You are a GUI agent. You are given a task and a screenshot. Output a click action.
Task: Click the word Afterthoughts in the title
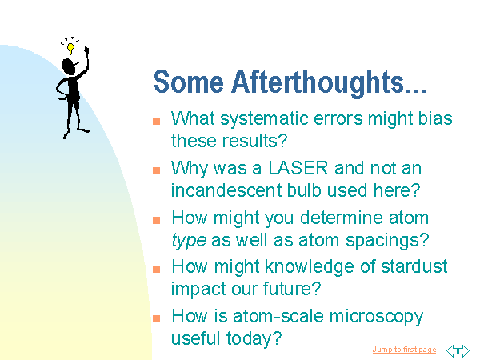[x=318, y=82]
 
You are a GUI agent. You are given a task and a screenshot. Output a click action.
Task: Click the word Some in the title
[x=189, y=82]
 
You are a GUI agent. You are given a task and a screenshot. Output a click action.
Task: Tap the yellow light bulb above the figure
[x=70, y=49]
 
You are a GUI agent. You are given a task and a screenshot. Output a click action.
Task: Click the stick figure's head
[x=69, y=66]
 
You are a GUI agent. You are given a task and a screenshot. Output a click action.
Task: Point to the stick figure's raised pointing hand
[x=86, y=48]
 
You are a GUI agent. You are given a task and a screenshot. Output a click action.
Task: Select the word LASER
[x=298, y=168]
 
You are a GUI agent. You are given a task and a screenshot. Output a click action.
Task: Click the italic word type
[x=189, y=241]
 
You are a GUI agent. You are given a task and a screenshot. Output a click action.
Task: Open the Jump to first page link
[x=404, y=350]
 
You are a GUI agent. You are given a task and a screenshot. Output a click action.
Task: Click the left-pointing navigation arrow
[x=452, y=351]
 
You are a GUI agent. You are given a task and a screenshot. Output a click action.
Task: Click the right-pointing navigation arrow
[x=464, y=351]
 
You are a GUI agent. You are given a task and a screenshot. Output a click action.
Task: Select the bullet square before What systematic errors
[x=157, y=121]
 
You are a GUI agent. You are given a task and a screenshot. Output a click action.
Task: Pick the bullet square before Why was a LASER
[x=157, y=170]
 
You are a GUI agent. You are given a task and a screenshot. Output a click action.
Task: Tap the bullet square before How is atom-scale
[x=157, y=318]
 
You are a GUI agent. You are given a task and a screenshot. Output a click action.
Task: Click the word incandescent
[x=226, y=190]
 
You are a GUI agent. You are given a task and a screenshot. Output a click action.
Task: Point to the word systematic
[x=264, y=119]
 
